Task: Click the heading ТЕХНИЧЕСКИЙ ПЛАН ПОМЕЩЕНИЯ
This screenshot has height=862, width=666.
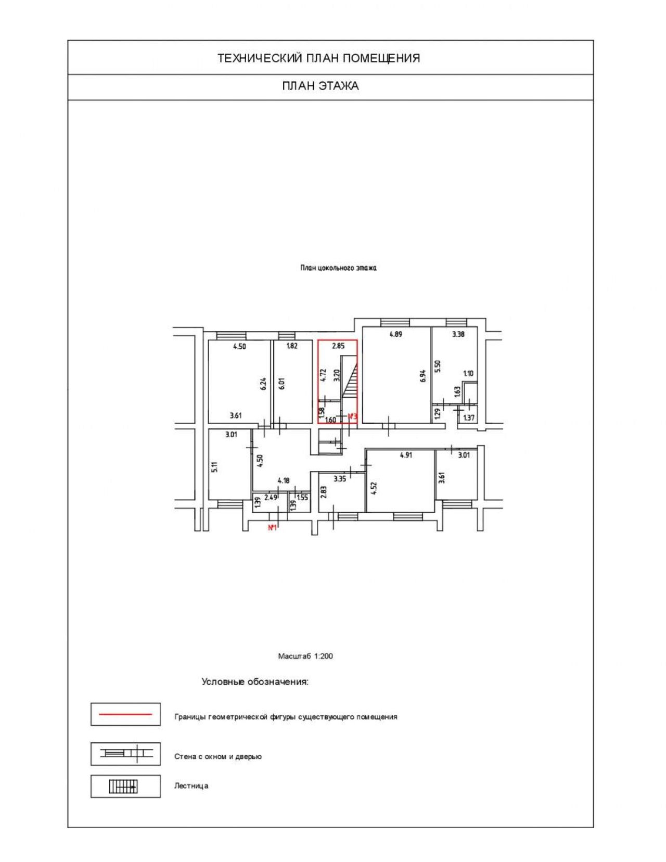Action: (319, 58)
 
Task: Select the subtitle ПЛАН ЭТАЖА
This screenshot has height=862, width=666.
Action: (321, 86)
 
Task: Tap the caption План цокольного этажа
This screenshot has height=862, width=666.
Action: (338, 268)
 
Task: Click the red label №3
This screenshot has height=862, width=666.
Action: (352, 416)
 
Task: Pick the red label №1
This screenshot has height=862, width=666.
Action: (272, 528)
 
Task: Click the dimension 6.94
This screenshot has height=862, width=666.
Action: (423, 376)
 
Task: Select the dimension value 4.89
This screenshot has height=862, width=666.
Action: (395, 334)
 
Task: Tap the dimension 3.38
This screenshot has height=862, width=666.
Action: (458, 334)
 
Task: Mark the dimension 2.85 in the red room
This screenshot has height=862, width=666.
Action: (338, 346)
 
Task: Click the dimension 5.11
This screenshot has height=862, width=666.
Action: (214, 466)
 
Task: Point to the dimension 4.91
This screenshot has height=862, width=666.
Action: (406, 455)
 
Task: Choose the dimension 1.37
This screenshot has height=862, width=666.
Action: (469, 417)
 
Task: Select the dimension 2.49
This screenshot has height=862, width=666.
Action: (271, 497)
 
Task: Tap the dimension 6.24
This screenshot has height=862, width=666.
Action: (264, 384)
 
